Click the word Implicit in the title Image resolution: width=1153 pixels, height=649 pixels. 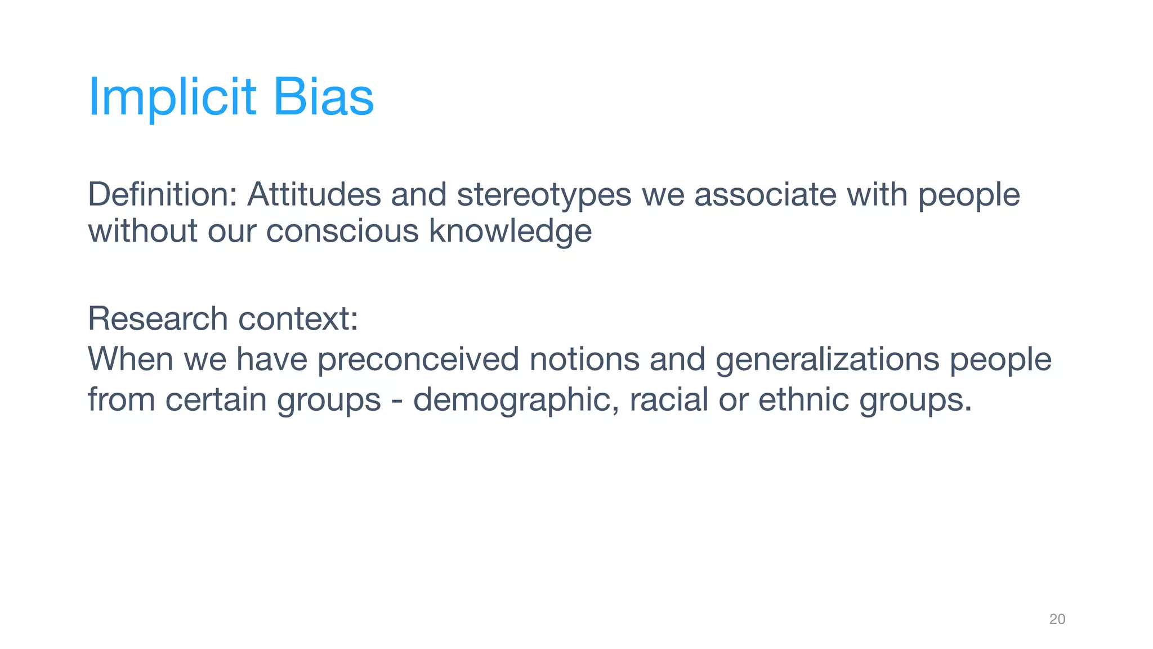click(172, 97)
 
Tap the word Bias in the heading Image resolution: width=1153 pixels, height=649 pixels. click(323, 97)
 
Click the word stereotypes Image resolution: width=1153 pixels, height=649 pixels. click(544, 195)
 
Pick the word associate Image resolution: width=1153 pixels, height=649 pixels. click(765, 194)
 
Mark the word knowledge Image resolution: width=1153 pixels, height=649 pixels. click(510, 231)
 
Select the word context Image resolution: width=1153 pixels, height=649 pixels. click(298, 319)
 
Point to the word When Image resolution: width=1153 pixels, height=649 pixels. click(130, 359)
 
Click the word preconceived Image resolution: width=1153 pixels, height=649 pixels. click(418, 360)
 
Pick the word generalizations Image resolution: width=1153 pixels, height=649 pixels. click(828, 360)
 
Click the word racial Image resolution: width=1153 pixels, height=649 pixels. click(668, 399)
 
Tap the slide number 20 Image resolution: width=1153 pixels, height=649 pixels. click(1057, 619)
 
